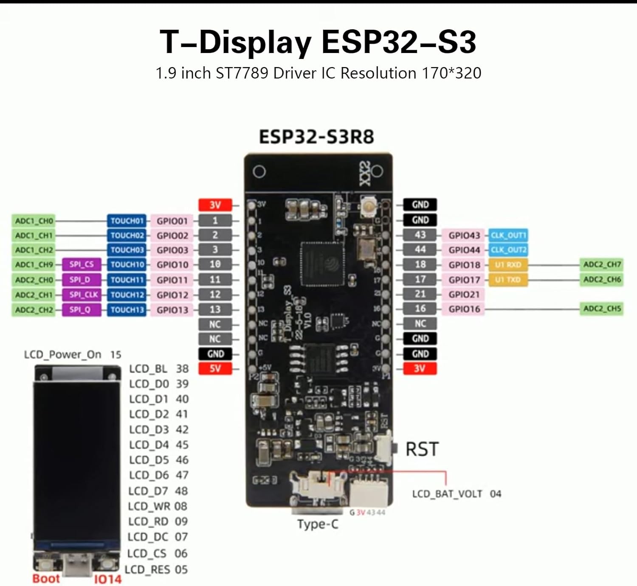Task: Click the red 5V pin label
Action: [x=215, y=368]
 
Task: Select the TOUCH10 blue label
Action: [x=127, y=265]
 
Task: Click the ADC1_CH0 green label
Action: [x=34, y=221]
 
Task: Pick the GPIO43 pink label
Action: [x=464, y=235]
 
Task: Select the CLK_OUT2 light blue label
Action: [x=508, y=250]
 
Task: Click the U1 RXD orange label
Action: [x=508, y=265]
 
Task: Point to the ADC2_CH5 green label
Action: [x=602, y=308]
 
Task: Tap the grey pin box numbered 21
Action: [x=420, y=294]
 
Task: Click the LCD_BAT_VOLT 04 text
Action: [x=457, y=494]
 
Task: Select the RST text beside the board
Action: [x=422, y=449]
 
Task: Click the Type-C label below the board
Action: [x=318, y=524]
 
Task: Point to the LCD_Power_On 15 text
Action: [x=73, y=354]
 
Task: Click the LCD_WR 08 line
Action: [x=158, y=506]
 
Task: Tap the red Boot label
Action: [x=46, y=579]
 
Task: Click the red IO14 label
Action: [x=107, y=579]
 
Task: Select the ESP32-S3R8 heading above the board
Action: [x=317, y=137]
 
